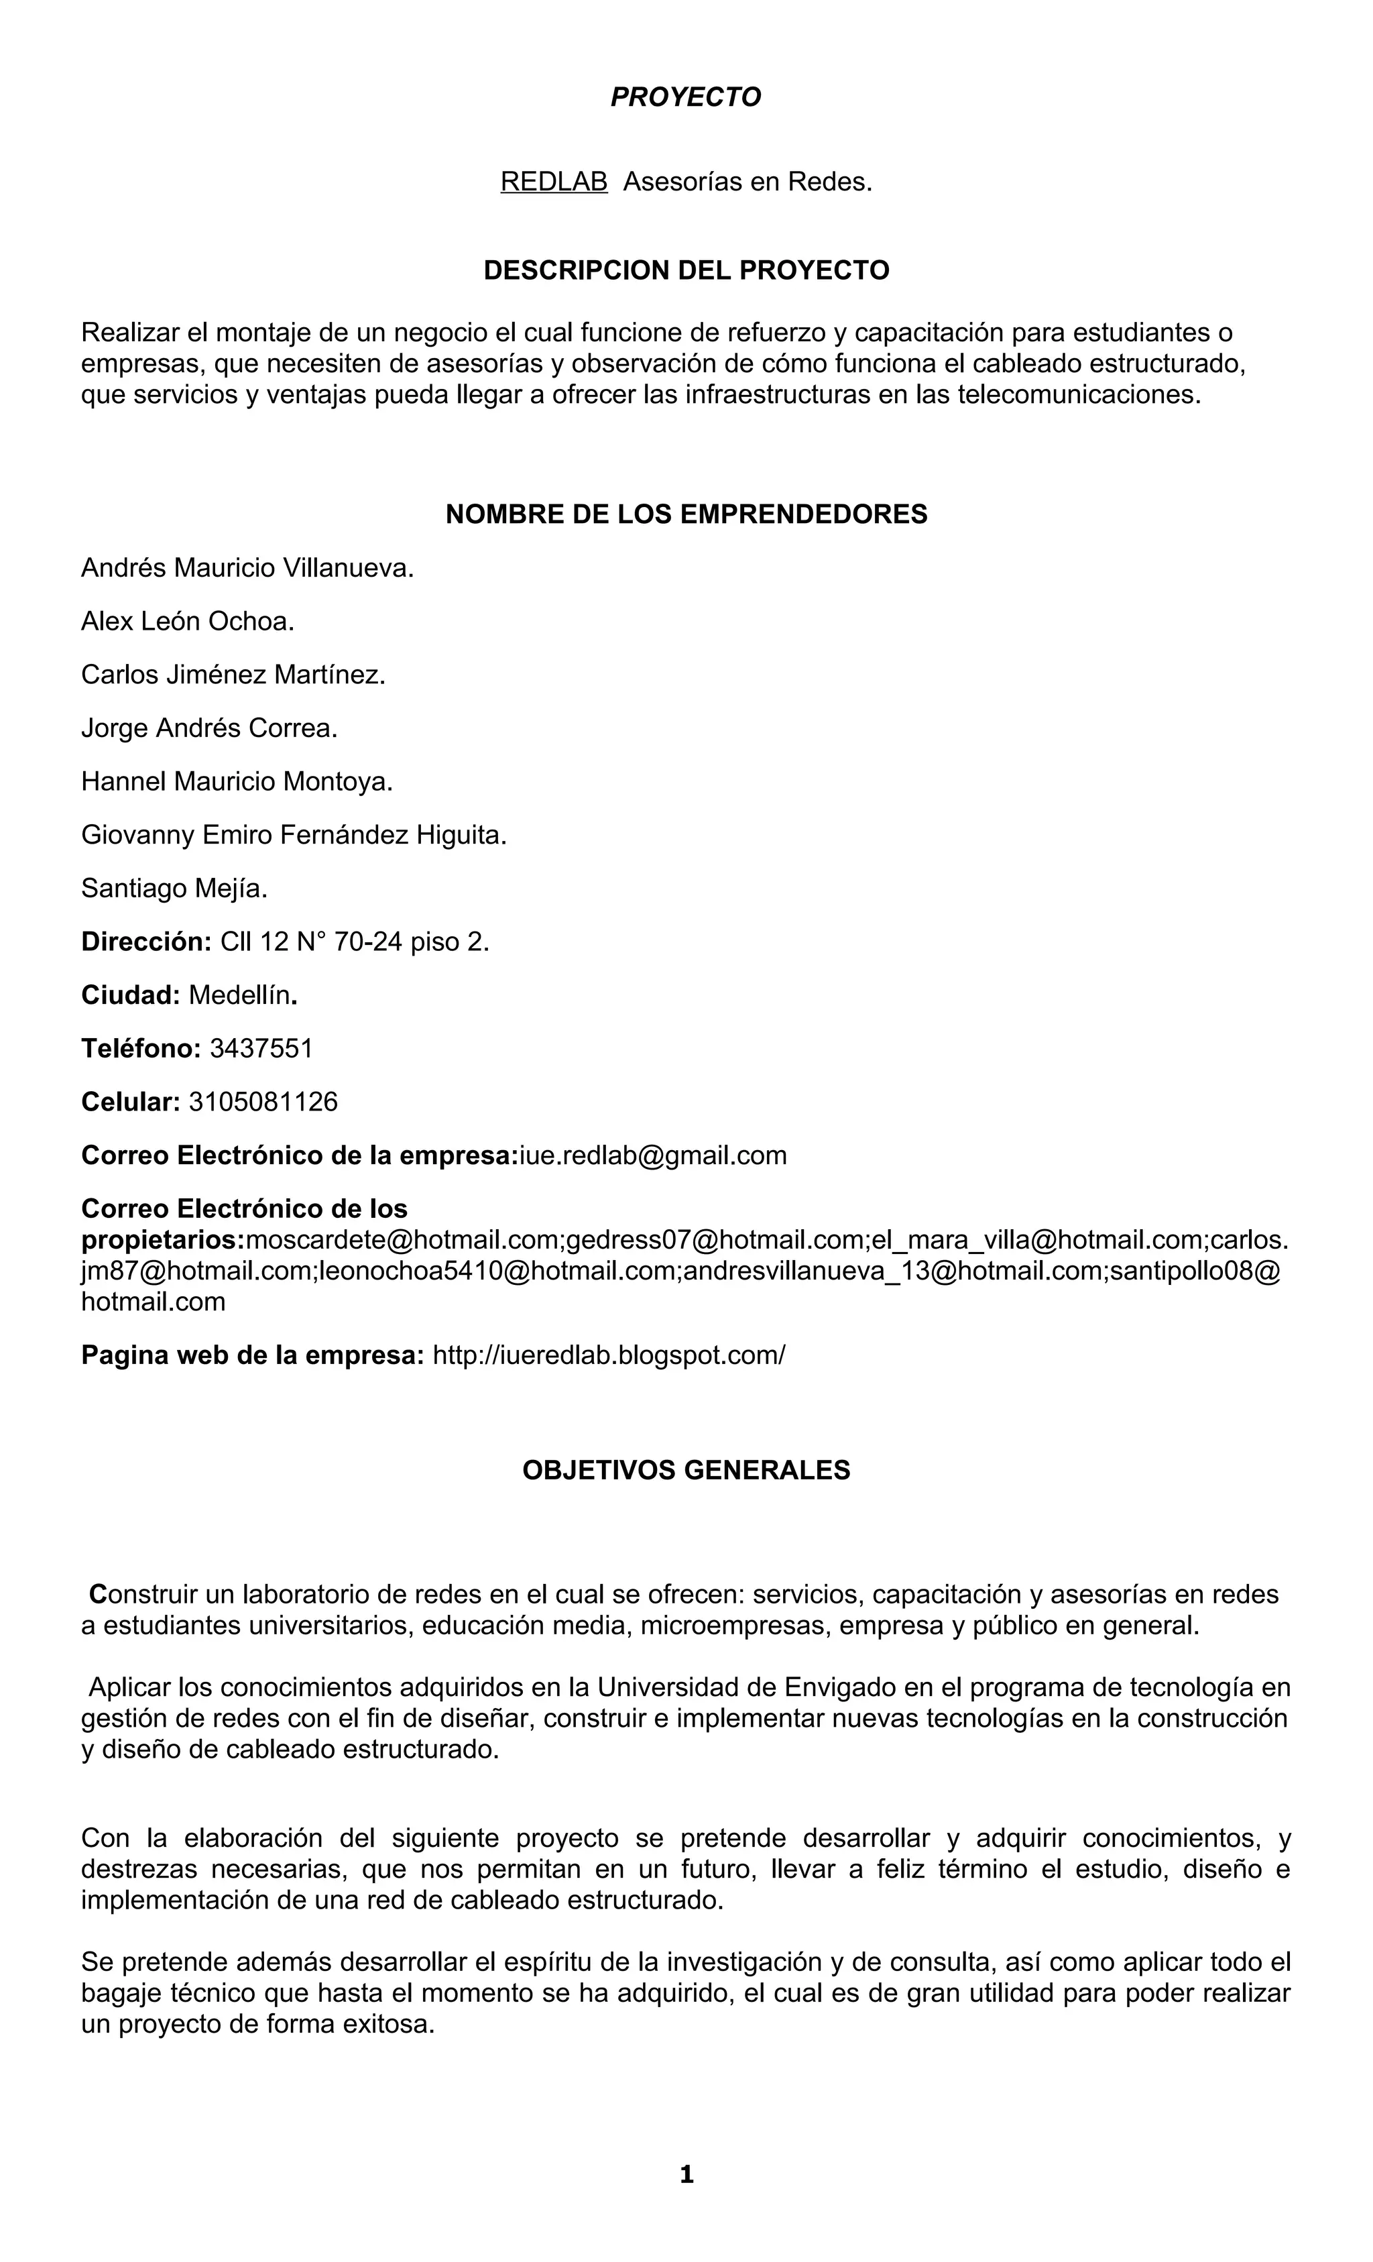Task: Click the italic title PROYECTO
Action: pyautogui.click(x=686, y=97)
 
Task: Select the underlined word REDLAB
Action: pyautogui.click(x=553, y=182)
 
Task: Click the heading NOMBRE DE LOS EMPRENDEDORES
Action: pyautogui.click(x=686, y=514)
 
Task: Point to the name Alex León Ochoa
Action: pyautogui.click(x=187, y=622)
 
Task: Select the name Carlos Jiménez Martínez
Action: pyautogui.click(x=233, y=675)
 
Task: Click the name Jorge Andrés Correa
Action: pyautogui.click(x=209, y=728)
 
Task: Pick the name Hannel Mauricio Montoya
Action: pyautogui.click(x=237, y=781)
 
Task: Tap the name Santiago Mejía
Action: pyautogui.click(x=174, y=888)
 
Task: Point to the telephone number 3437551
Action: pyautogui.click(x=261, y=1048)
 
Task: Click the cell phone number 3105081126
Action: pyautogui.click(x=263, y=1102)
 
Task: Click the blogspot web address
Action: pyautogui.click(x=609, y=1355)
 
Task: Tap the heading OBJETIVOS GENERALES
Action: pyautogui.click(x=686, y=1471)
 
